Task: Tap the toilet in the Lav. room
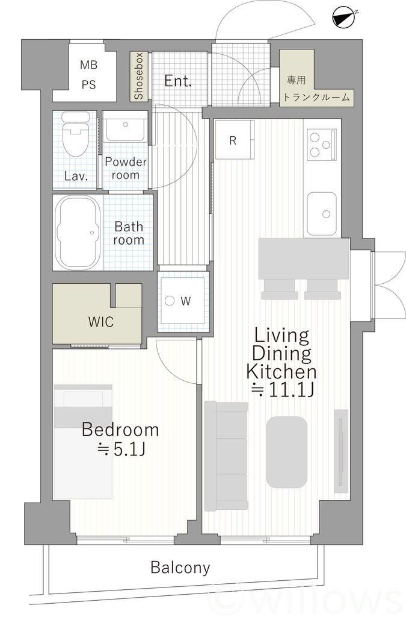75,134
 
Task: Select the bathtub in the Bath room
78,232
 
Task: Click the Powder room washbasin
125,127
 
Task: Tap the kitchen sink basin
322,214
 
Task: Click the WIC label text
101,322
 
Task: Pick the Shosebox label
139,76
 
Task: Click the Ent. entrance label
178,81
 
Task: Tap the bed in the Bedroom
83,442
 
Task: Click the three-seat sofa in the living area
227,456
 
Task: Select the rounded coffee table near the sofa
287,452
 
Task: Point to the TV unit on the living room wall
341,451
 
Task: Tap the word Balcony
180,568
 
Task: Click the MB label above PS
88,64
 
